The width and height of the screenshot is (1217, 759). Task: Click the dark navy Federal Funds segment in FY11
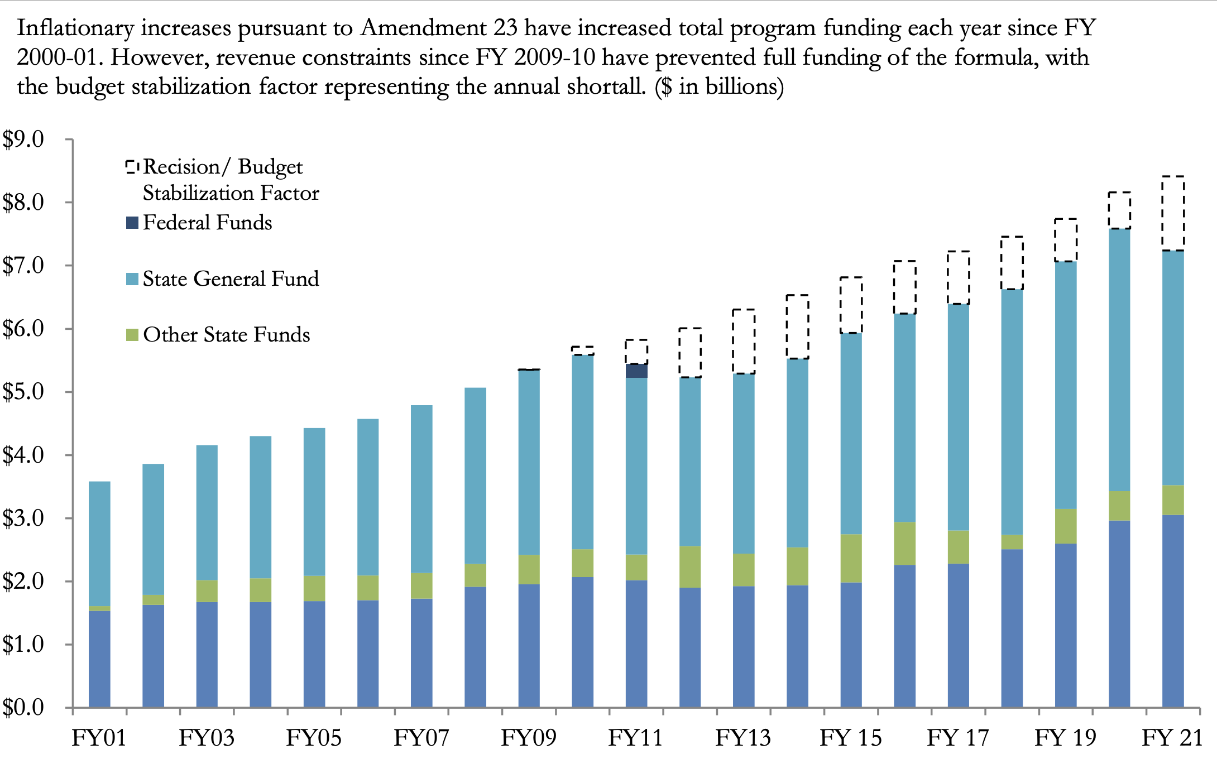pos(636,371)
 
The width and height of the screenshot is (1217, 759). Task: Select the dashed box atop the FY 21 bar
pos(1173,213)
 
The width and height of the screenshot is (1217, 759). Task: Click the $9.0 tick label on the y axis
pos(23,140)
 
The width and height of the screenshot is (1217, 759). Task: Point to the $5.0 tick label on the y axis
pos(23,392)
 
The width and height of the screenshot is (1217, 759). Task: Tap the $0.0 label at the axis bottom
pos(23,707)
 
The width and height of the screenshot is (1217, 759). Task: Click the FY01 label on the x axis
pos(99,738)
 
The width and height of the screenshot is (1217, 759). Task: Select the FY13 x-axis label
pos(743,738)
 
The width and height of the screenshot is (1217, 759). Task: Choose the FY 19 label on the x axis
pos(1065,738)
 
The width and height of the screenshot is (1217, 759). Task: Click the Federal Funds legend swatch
pos(132,223)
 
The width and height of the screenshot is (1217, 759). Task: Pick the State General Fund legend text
pos(231,278)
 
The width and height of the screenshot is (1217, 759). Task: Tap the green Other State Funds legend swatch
pos(132,335)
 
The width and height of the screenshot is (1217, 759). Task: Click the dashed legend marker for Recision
pos(132,167)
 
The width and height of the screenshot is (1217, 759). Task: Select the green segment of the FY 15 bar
pos(851,558)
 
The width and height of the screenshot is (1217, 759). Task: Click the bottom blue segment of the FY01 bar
pos(99,659)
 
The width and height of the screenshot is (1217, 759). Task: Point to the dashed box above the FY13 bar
pos(744,342)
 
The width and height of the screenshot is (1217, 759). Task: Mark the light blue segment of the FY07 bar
pos(421,488)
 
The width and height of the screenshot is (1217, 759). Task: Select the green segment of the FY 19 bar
pos(1066,526)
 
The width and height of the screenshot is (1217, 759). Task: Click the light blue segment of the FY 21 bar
pos(1173,368)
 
